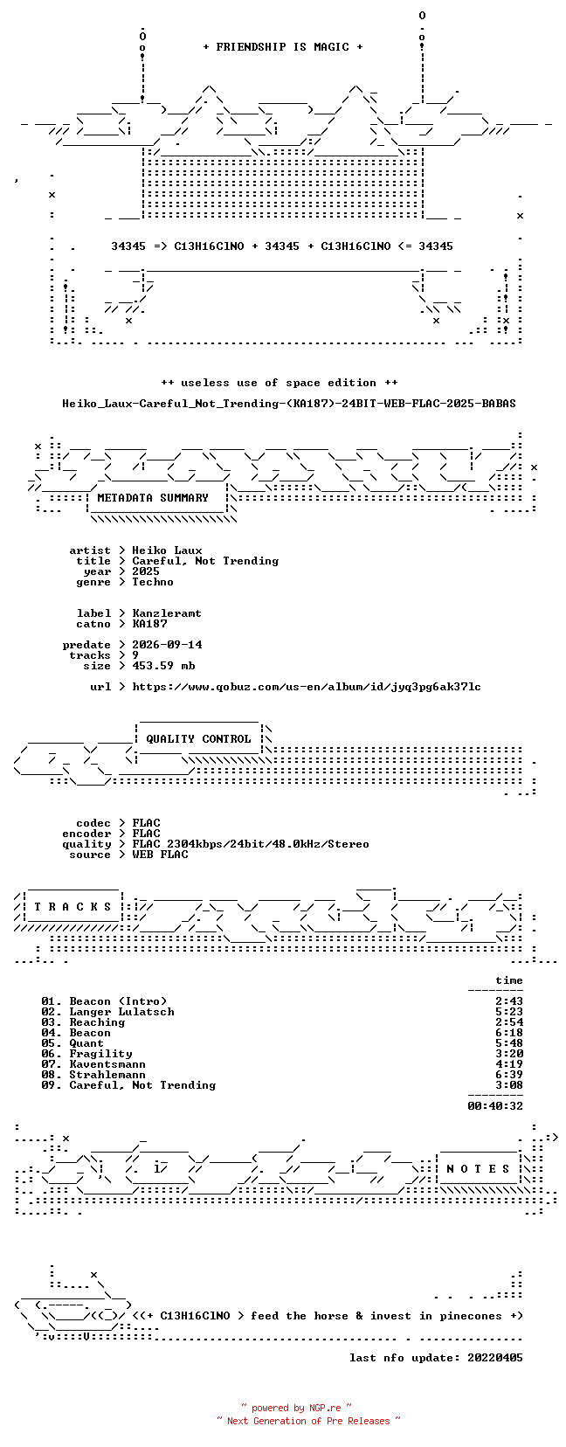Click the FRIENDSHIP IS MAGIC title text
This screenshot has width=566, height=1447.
click(x=283, y=47)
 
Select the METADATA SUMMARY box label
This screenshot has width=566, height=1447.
click(x=153, y=498)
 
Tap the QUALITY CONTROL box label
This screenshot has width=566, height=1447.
click(x=198, y=739)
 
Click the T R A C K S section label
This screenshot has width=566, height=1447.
click(x=72, y=907)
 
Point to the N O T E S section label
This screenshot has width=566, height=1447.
click(x=479, y=1168)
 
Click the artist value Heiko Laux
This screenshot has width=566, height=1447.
click(x=167, y=550)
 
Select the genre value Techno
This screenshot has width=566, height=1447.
click(x=153, y=582)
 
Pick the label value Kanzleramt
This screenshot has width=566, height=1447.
click(x=167, y=613)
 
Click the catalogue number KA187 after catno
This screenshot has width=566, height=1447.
click(x=149, y=624)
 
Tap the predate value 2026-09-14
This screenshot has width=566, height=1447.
click(x=167, y=645)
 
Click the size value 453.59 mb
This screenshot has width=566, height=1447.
click(x=163, y=665)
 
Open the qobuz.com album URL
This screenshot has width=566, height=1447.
click(x=307, y=687)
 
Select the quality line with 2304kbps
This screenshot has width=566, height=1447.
click(x=251, y=844)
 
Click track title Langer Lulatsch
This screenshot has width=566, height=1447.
click(x=122, y=1012)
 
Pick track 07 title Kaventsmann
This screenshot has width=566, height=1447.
click(x=107, y=1064)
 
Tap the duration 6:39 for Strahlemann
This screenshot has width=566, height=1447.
click(x=509, y=1074)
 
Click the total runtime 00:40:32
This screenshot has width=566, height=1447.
click(x=495, y=1106)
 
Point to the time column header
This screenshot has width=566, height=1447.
click(x=509, y=980)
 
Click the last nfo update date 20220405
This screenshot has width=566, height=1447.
click(x=495, y=1358)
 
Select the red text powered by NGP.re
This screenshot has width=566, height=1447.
click(x=296, y=1409)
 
